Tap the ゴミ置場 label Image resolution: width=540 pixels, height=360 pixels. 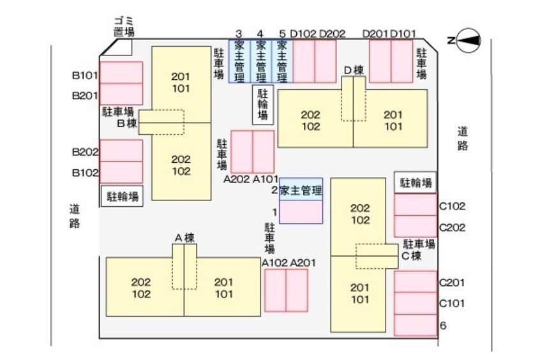[119, 26]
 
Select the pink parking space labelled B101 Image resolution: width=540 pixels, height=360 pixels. [121, 73]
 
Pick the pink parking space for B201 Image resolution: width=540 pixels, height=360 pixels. [121, 94]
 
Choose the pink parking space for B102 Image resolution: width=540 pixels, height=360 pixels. [121, 172]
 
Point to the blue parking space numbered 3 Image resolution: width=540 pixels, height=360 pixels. [239, 62]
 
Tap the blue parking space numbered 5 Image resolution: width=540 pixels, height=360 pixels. [282, 62]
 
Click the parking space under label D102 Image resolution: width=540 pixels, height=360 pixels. [303, 62]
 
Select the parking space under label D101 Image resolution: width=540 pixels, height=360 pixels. [402, 62]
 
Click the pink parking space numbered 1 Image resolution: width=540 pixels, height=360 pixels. [301, 212]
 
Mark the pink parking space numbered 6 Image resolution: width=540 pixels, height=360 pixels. [416, 324]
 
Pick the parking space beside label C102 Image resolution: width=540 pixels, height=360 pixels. [416, 206]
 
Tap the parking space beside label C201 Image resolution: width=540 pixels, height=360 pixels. [416, 281]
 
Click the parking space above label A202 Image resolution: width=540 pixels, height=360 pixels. [241, 151]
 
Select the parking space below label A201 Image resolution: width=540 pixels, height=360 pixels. [297, 290]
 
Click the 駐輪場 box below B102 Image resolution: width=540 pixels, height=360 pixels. [121, 195]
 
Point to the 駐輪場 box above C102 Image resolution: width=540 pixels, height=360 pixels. [416, 182]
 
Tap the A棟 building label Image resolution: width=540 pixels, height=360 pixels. [184, 238]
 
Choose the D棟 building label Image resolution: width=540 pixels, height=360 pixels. [354, 70]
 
